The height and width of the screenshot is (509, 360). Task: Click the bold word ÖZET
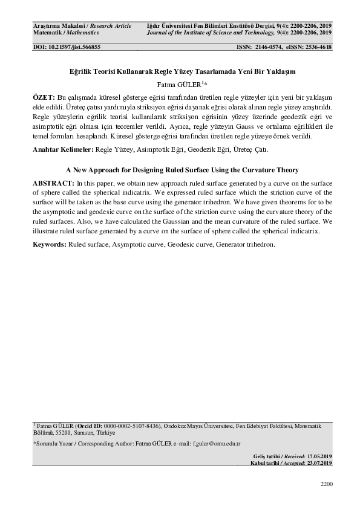(x=44, y=97)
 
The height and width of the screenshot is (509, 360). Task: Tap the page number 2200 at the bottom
(x=326, y=484)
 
